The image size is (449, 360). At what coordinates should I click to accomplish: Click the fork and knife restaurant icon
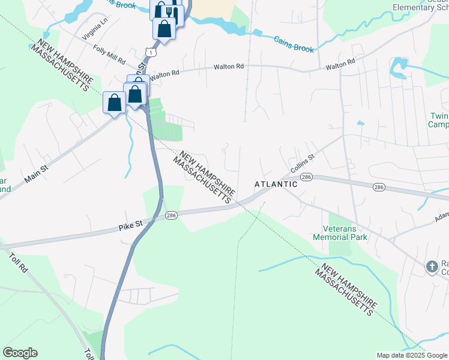pos(172,13)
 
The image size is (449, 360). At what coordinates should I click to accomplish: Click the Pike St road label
pos(130,224)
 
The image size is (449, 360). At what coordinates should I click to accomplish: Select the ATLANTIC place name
pos(276,184)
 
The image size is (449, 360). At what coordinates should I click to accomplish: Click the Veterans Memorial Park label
pos(340,233)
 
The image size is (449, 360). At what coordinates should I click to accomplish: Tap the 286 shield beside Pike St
pos(171,215)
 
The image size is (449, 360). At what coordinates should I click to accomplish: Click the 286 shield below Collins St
pos(307,177)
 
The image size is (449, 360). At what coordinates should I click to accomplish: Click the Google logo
pos(20,353)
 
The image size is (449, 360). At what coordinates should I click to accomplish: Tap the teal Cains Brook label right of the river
pos(294,44)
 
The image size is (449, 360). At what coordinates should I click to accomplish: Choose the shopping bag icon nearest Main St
pos(115,103)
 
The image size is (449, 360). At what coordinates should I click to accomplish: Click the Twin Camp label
pos(439,120)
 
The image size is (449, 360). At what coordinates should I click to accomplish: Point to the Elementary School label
pos(420,7)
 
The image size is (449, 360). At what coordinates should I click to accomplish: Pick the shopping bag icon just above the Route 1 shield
pos(164,29)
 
